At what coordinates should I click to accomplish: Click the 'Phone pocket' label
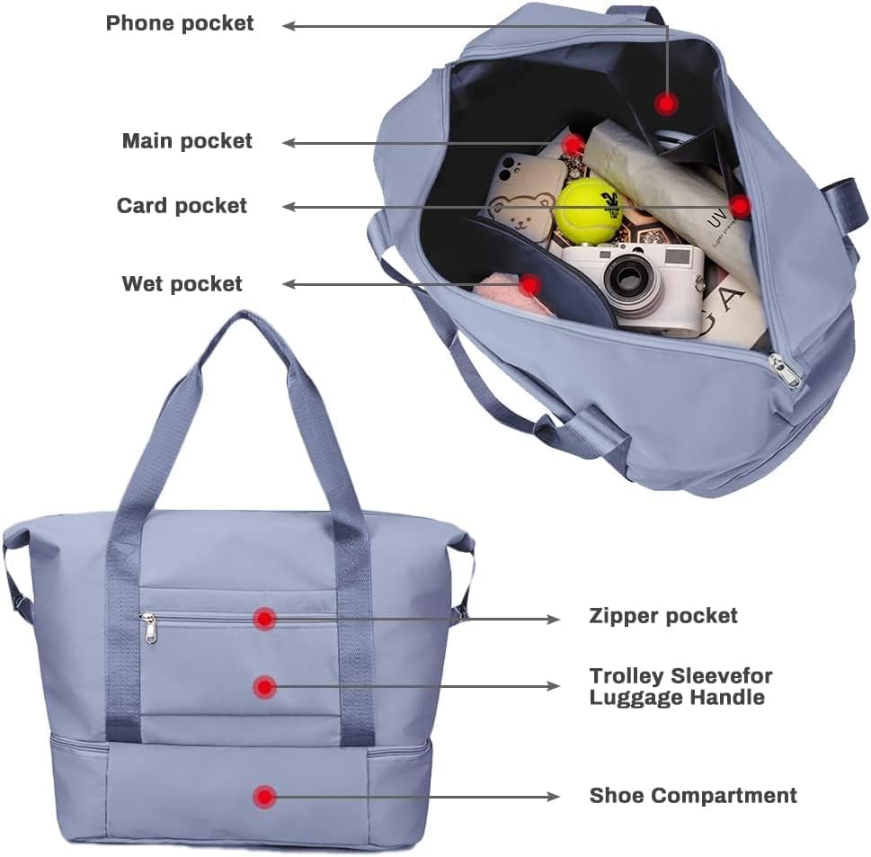pyautogui.click(x=180, y=23)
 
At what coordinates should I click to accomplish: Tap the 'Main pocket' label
pyautogui.click(x=187, y=141)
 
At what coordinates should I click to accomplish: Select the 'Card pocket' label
pyautogui.click(x=182, y=206)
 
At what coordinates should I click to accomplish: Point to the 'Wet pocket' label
pyautogui.click(x=182, y=284)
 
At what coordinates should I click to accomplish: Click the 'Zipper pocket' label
pyautogui.click(x=662, y=616)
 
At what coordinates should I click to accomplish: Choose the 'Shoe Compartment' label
pyautogui.click(x=692, y=796)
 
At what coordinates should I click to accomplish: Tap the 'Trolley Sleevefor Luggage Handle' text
pyautogui.click(x=680, y=686)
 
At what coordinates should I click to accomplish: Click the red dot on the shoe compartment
pyautogui.click(x=263, y=796)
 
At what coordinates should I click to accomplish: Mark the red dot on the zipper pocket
pyautogui.click(x=264, y=618)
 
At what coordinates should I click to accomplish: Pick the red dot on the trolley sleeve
pyautogui.click(x=263, y=687)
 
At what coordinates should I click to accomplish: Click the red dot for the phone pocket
pyautogui.click(x=665, y=103)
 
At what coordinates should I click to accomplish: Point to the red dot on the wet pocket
pyautogui.click(x=530, y=285)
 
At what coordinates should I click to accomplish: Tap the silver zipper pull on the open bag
pyautogui.click(x=785, y=371)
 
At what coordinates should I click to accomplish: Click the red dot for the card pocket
pyautogui.click(x=740, y=207)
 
